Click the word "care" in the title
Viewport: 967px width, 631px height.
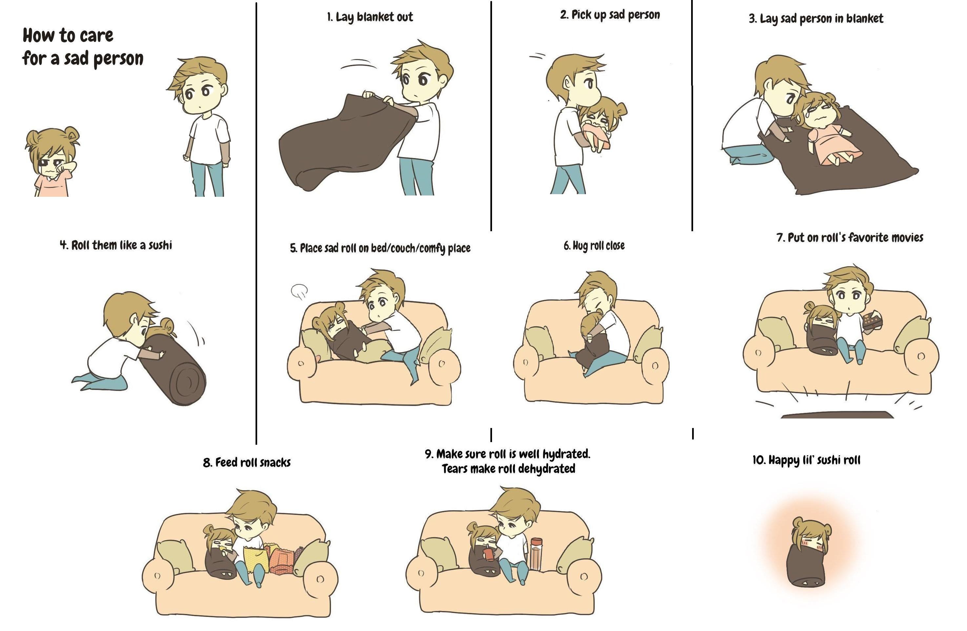point(96,36)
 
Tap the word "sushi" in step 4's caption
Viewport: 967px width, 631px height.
point(160,245)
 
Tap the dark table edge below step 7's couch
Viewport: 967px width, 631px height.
point(837,415)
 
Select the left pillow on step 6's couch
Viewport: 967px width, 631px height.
point(539,342)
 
